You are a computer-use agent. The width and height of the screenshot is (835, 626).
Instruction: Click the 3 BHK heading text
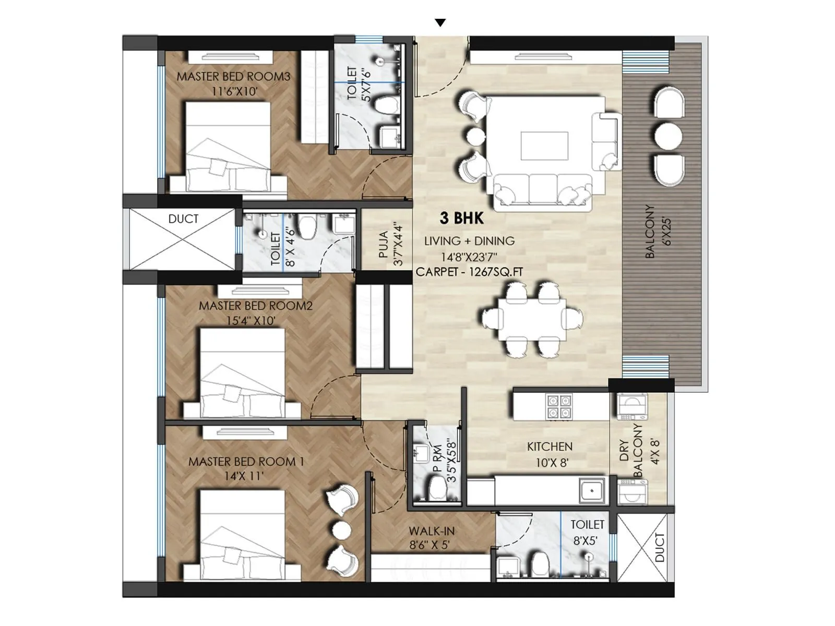coord(461,218)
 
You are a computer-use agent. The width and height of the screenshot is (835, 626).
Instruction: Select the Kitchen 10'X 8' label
coord(550,454)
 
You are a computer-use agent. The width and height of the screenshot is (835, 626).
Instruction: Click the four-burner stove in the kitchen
coord(559,407)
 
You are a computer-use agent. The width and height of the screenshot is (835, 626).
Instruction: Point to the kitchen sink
coord(591,491)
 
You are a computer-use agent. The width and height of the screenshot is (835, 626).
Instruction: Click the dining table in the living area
coord(532,318)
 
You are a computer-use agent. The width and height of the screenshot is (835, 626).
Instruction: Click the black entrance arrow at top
coord(440,22)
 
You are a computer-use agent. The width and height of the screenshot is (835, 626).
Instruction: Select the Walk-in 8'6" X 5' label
coord(431,538)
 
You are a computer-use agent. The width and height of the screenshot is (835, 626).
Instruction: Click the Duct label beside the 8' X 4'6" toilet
coord(183,219)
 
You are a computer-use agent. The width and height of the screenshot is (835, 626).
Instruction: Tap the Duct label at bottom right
coord(660,547)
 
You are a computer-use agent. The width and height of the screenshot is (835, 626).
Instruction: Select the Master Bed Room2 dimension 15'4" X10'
coord(250,320)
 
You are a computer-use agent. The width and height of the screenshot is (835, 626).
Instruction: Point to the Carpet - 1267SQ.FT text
coord(469,272)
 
